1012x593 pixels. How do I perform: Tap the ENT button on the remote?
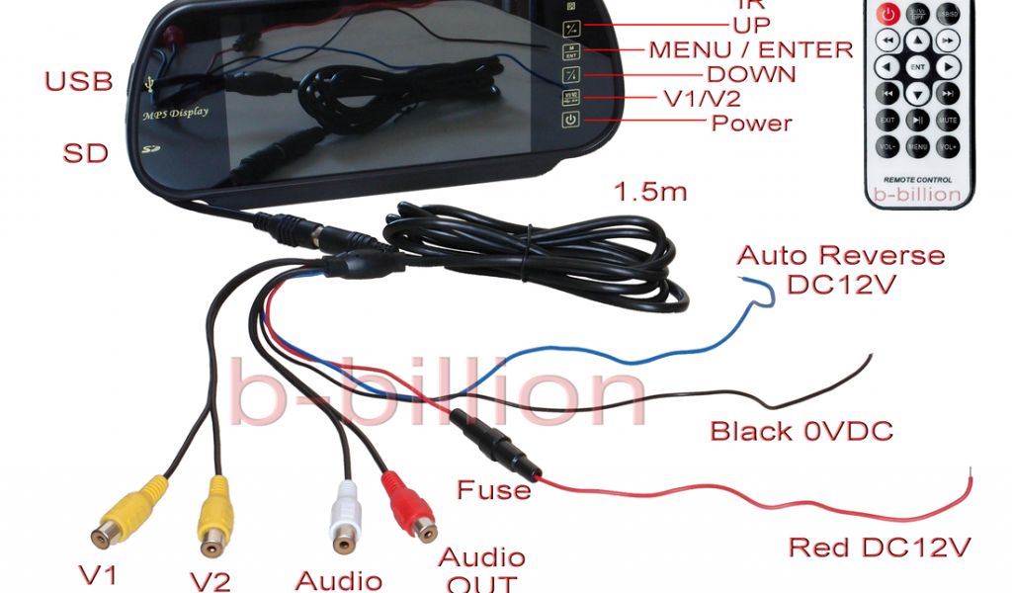point(918,67)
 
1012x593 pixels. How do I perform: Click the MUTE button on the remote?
point(949,120)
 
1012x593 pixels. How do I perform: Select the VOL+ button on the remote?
point(949,146)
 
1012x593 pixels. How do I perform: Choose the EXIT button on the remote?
point(887,120)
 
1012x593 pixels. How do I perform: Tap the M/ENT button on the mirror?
point(570,51)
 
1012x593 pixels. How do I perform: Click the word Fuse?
point(493,489)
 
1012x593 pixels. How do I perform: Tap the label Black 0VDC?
point(801,431)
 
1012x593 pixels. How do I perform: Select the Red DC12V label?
point(879,547)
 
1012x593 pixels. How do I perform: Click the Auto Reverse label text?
point(841,255)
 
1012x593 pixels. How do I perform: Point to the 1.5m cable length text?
point(650,192)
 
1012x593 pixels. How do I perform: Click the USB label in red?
point(79,82)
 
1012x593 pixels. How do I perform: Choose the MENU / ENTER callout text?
point(750,49)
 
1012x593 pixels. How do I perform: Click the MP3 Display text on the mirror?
point(176,113)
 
